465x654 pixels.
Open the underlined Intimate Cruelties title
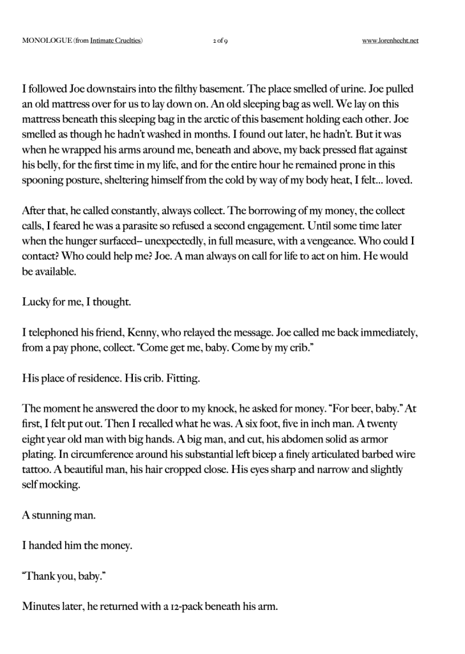[x=116, y=41]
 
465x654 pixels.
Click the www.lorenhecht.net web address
[x=390, y=41]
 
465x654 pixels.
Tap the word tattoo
[x=38, y=471]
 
